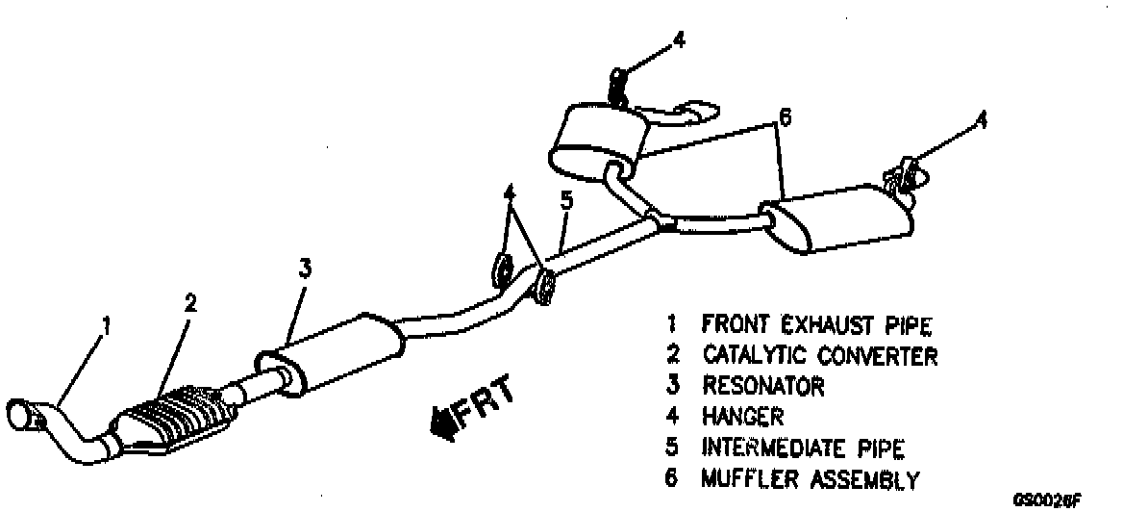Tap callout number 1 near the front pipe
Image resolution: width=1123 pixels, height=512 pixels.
click(x=107, y=326)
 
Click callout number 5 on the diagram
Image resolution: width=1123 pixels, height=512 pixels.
click(x=566, y=202)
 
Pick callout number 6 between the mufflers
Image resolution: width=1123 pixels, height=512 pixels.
click(x=785, y=118)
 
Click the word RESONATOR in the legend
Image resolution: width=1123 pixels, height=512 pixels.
click(x=762, y=387)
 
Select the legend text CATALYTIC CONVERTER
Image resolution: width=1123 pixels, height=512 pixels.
click(x=819, y=356)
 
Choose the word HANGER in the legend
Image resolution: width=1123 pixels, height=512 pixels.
click(x=743, y=418)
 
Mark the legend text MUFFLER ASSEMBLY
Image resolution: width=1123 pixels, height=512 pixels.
click(x=811, y=478)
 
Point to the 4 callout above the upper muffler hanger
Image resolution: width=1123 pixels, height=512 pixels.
click(x=680, y=40)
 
